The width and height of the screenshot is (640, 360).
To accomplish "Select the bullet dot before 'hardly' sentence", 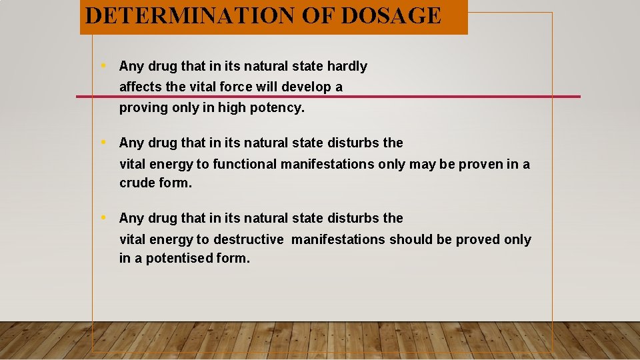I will (104, 65).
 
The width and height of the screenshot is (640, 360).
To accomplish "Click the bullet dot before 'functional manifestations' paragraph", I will (104, 142).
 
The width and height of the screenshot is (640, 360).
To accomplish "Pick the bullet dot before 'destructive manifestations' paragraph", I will (104, 217).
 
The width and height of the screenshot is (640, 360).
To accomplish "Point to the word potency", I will (279, 108).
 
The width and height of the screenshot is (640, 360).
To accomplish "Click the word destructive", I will (249, 239).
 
